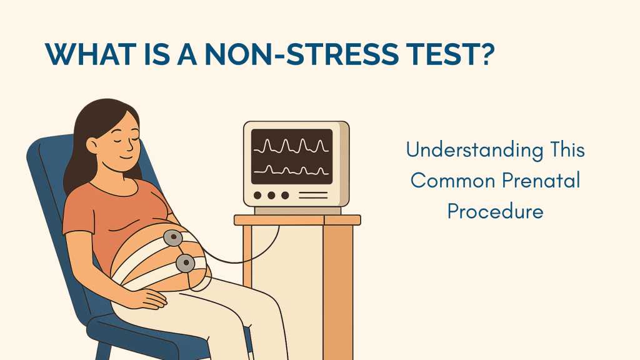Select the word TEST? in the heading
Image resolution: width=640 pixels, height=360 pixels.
455,55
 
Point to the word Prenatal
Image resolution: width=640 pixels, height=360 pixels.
541,180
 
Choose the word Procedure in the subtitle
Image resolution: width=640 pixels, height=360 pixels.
495,211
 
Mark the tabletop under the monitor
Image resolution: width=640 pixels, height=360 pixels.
297,220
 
